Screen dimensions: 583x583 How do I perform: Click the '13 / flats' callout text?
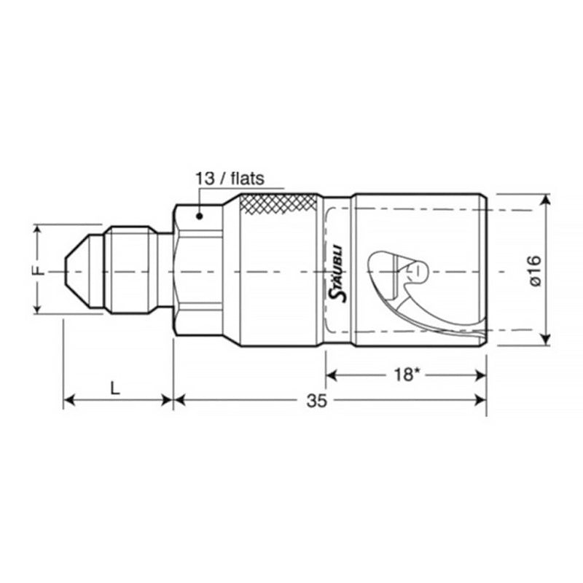click(x=229, y=177)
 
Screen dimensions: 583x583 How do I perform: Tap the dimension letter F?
click(x=41, y=270)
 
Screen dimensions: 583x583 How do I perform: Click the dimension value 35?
click(x=316, y=400)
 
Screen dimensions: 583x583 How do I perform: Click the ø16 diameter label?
click(x=533, y=270)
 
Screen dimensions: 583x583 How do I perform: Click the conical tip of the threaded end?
click(x=76, y=271)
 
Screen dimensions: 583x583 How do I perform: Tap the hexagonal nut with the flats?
click(x=197, y=270)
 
